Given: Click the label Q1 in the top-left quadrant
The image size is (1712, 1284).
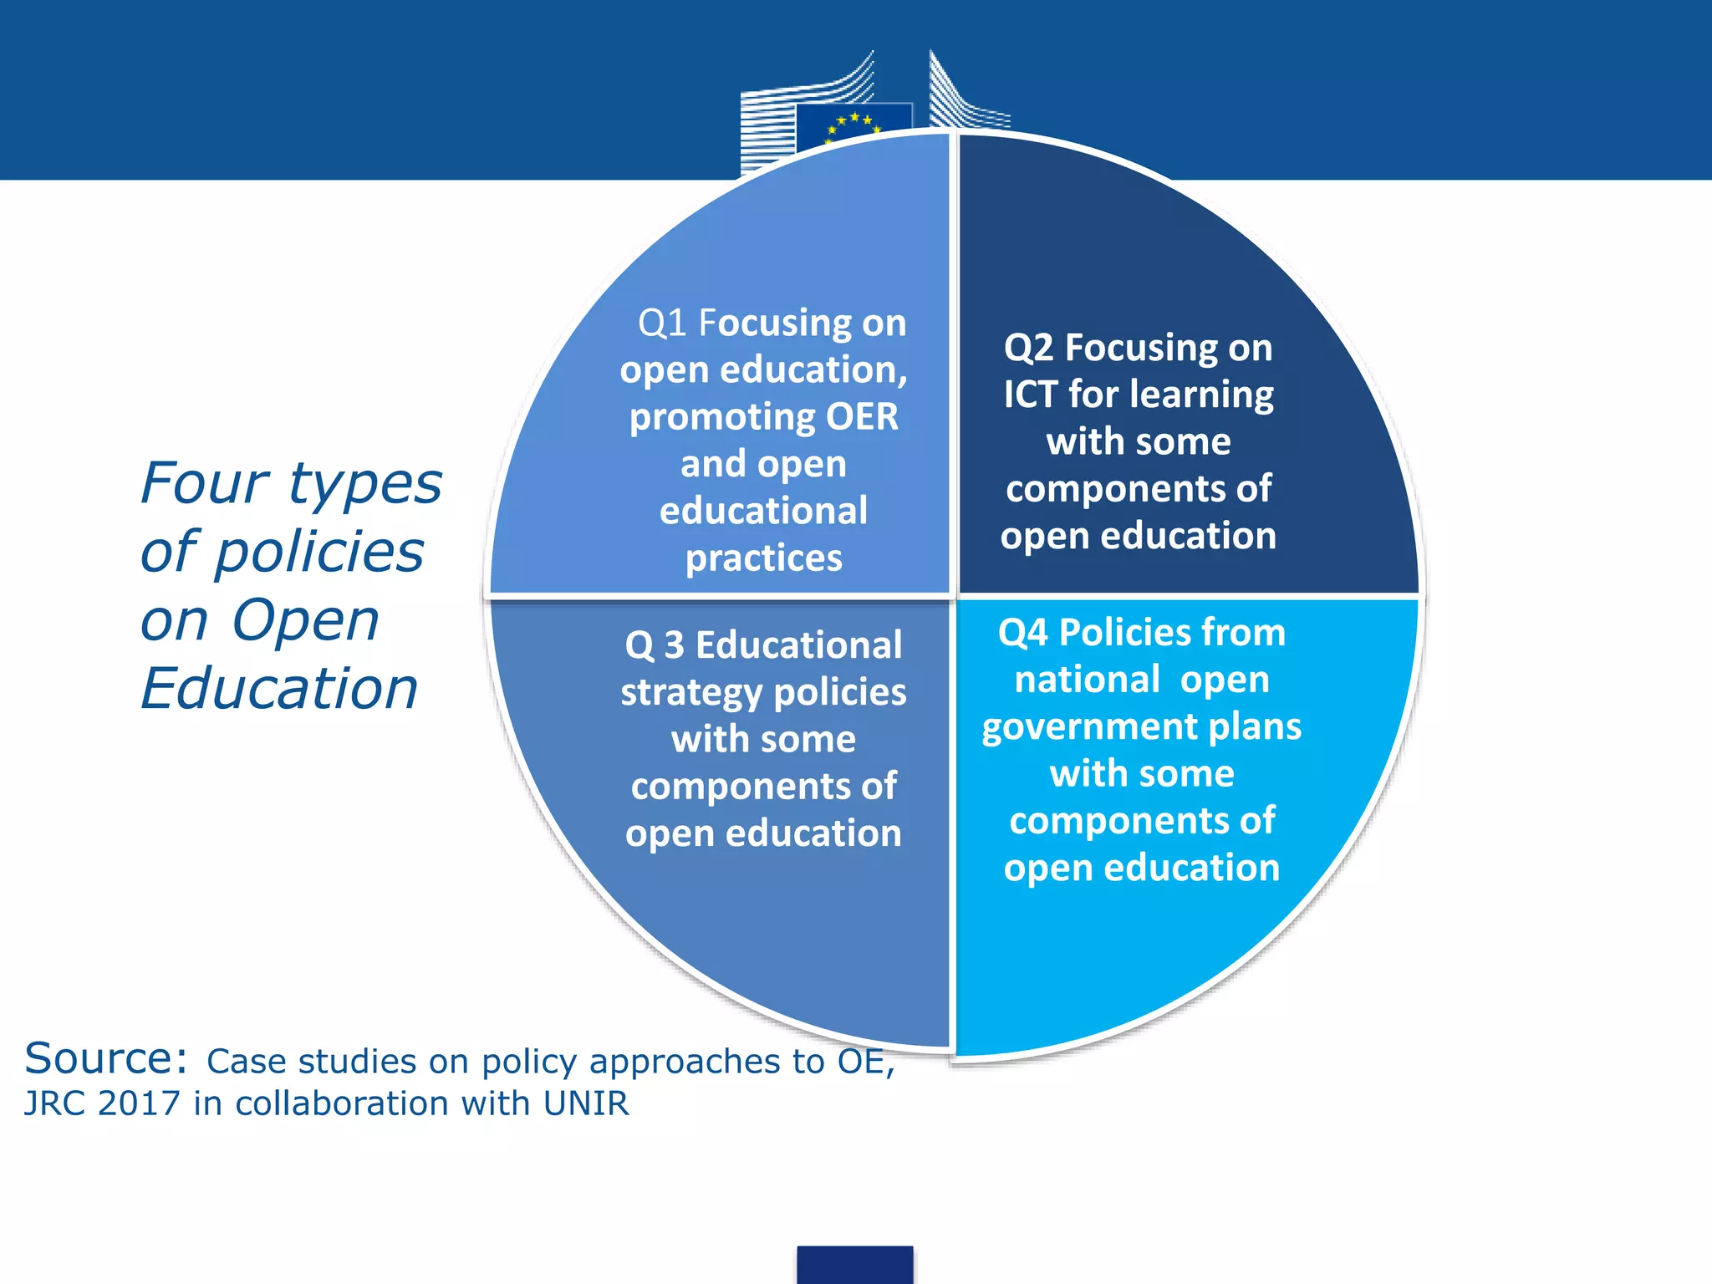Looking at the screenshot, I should tap(662, 324).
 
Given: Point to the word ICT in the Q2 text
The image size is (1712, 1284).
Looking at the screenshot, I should tap(1030, 395).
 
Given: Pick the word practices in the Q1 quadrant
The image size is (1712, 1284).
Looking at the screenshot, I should tap(763, 558).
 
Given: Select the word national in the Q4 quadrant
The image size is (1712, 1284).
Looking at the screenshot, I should tap(1088, 680).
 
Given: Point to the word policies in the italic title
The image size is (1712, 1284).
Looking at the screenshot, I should tap(318, 553).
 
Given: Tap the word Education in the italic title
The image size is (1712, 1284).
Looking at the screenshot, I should tap(279, 689).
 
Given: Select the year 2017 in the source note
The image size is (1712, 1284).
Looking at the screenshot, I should tap(139, 1103).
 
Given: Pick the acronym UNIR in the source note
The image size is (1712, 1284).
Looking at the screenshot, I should tap(585, 1103).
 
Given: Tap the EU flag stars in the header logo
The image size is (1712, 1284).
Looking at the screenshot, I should tap(853, 126).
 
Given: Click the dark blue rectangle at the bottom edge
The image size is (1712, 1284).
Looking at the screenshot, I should tap(854, 1265).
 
